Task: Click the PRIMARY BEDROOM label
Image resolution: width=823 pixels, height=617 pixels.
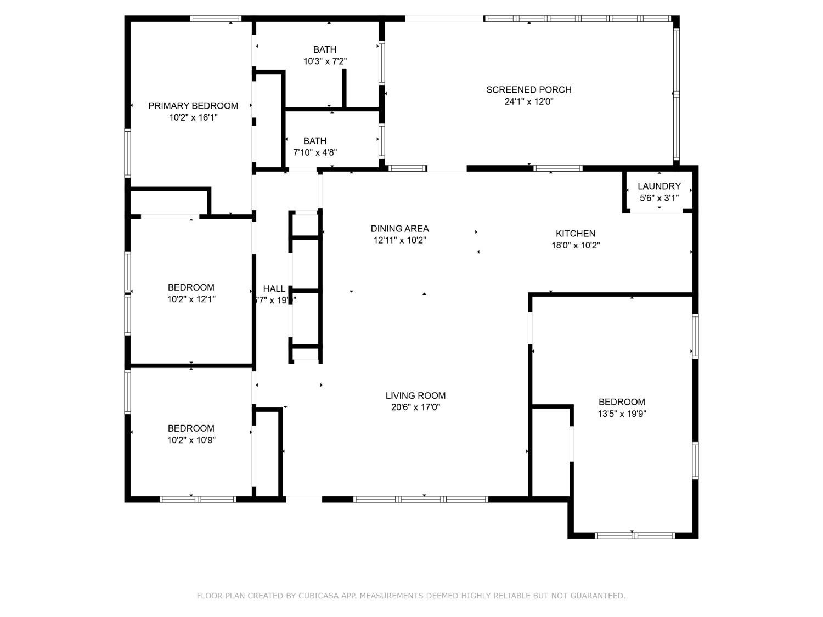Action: click(x=193, y=106)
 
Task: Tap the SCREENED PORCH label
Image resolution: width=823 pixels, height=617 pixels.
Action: click(x=528, y=90)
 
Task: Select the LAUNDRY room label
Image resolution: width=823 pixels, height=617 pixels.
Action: click(x=659, y=186)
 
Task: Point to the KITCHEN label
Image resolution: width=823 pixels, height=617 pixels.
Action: click(x=575, y=234)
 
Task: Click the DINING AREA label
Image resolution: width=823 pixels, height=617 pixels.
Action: click(x=399, y=229)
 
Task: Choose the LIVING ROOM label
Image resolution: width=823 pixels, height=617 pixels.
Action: click(x=415, y=395)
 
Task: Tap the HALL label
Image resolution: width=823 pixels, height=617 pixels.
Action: click(x=274, y=289)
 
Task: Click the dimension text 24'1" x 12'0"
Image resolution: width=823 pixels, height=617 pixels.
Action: click(x=528, y=102)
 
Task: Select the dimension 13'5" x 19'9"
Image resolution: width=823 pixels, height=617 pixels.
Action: click(x=622, y=414)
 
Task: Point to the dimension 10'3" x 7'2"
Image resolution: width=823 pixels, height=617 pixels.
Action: click(x=325, y=61)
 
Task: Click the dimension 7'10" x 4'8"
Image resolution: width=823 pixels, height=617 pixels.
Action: click(x=315, y=153)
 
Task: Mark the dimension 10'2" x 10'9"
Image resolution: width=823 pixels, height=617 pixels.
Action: click(x=191, y=440)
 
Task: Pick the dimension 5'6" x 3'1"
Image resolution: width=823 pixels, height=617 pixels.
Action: click(x=659, y=198)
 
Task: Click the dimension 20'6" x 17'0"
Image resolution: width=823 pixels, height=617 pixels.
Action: click(x=415, y=407)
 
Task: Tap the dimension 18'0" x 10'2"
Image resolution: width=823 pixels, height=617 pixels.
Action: click(x=575, y=246)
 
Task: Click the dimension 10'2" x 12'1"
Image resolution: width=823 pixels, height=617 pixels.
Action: click(x=191, y=299)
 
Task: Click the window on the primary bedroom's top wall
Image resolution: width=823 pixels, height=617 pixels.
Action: click(x=215, y=19)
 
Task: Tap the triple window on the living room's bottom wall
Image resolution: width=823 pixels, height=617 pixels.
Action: click(x=420, y=500)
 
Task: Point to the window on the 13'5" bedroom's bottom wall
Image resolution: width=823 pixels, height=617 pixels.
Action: click(x=635, y=535)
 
